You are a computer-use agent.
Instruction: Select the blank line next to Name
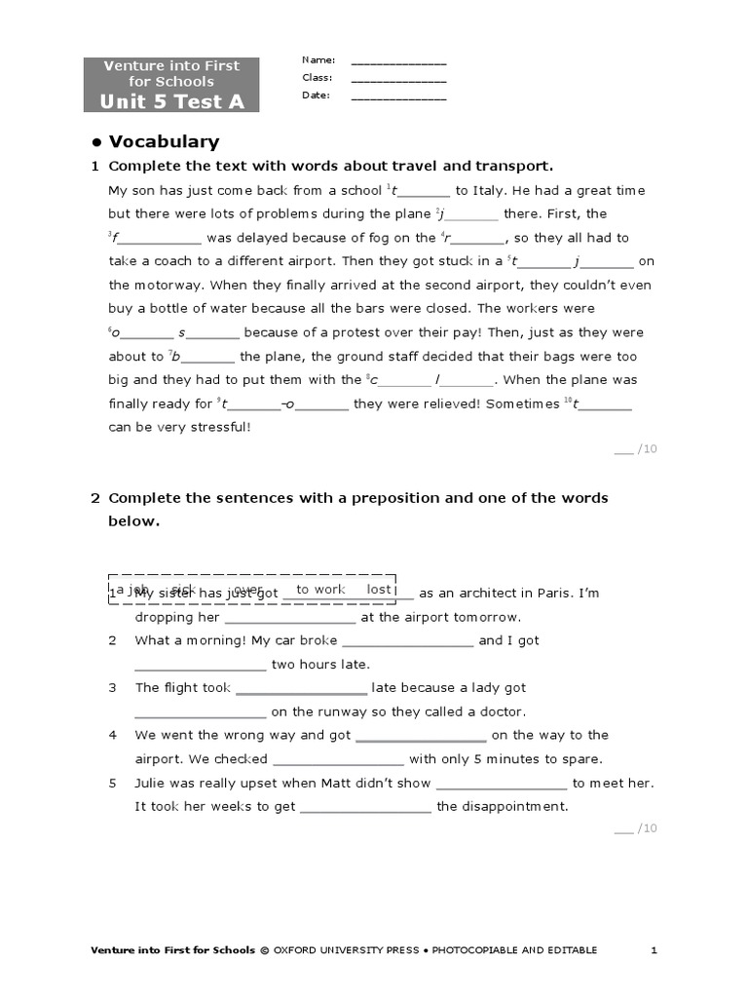click(x=398, y=62)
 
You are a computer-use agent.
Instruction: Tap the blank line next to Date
click(x=398, y=97)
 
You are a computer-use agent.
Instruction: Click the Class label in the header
click(x=317, y=78)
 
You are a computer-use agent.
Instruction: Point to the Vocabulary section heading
click(x=164, y=141)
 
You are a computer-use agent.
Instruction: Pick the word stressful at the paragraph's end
click(x=219, y=427)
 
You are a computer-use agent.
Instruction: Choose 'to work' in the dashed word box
click(x=320, y=590)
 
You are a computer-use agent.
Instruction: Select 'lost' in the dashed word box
click(x=379, y=590)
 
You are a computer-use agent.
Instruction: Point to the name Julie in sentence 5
click(x=151, y=783)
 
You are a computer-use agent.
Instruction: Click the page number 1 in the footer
click(x=654, y=950)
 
